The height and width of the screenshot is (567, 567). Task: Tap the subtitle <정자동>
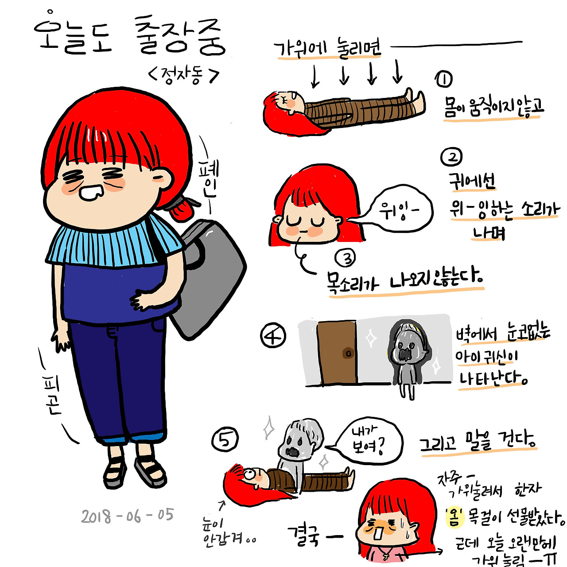pos(184,76)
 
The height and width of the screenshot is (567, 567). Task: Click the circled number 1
pos(444,79)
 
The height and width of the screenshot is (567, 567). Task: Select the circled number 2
pos(451,157)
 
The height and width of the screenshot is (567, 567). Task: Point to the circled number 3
pos(345,258)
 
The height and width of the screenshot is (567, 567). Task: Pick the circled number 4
pos(273,336)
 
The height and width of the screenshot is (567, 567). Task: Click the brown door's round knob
pos(348,353)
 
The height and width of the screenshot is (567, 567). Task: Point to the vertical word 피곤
pos(52,395)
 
